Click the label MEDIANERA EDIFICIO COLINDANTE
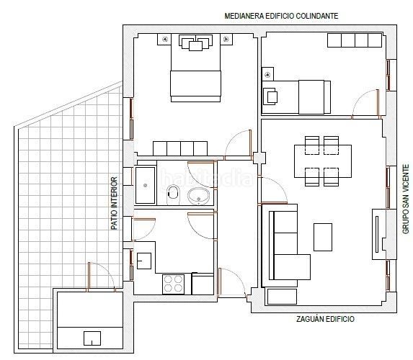(281, 16)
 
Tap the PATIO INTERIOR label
(114, 203)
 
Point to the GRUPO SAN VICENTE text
(406, 199)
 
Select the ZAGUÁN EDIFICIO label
(325, 319)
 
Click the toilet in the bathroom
(173, 194)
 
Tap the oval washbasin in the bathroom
(199, 196)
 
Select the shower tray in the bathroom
(145, 185)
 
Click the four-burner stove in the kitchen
(173, 284)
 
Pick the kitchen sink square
(144, 261)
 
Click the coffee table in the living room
(323, 237)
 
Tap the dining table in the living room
(323, 161)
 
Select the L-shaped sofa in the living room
(286, 246)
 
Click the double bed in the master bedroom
(195, 68)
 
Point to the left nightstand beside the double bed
(164, 39)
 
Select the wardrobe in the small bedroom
(355, 40)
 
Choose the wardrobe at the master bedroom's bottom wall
(180, 148)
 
